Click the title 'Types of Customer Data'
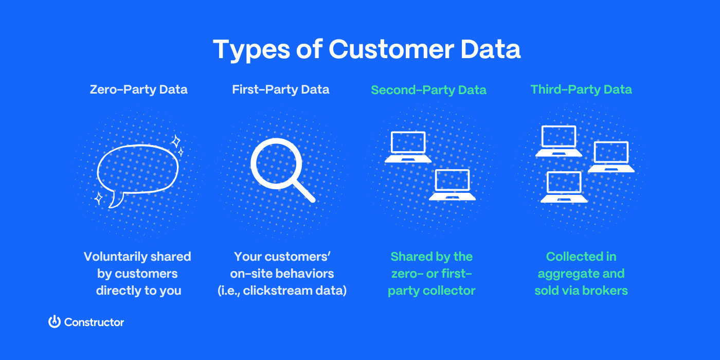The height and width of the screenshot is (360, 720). [x=367, y=50]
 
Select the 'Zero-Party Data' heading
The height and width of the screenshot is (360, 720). [x=138, y=89]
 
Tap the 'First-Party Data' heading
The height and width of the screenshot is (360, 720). [x=281, y=89]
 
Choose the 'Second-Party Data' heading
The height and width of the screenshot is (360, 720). [x=428, y=90]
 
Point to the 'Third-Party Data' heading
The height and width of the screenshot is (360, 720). [x=581, y=89]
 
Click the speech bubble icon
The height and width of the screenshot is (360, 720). [x=138, y=170]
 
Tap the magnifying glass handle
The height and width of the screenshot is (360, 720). [x=304, y=192]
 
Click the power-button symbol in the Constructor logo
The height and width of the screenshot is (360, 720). [x=55, y=322]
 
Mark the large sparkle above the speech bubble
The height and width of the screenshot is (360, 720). [x=176, y=141]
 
